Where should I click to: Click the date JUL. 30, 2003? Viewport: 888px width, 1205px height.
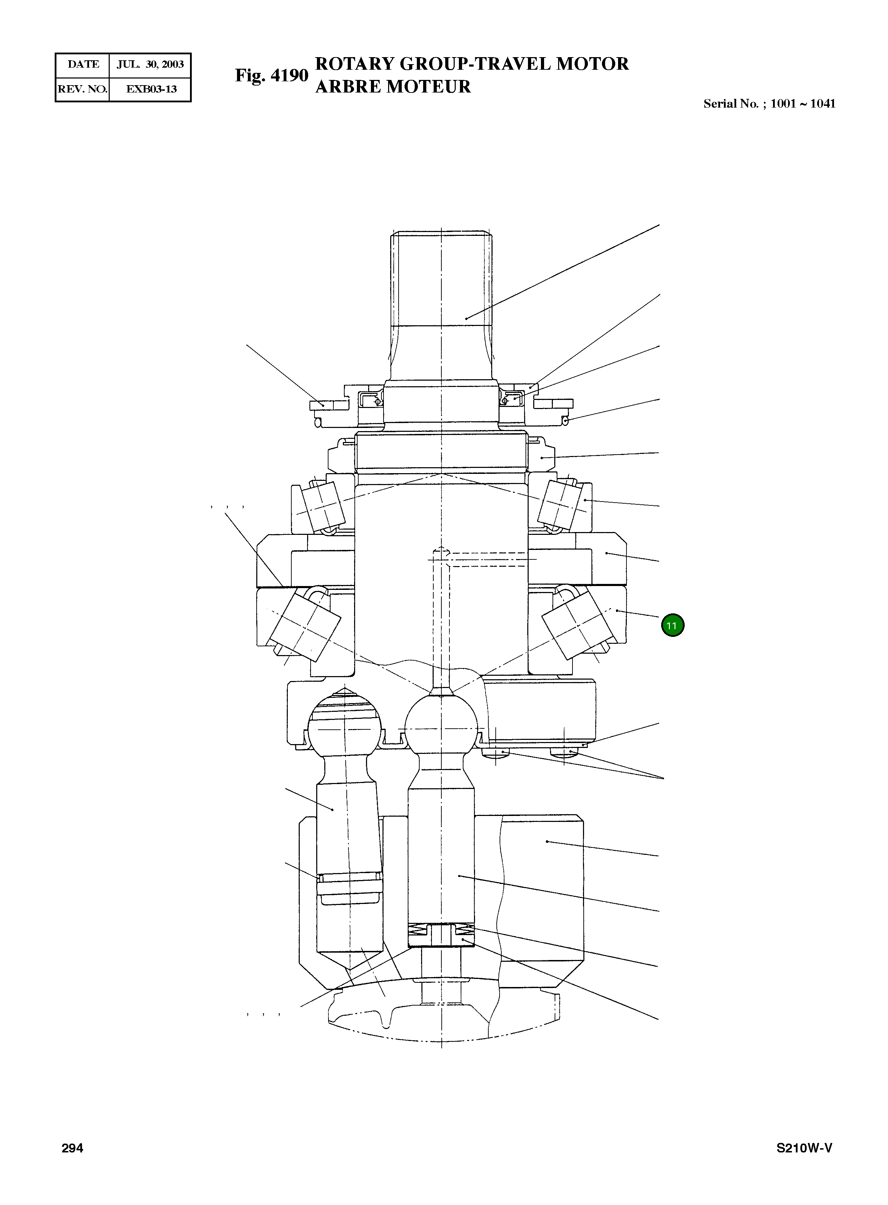pos(150,64)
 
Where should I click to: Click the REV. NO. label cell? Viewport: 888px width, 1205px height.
pos(82,89)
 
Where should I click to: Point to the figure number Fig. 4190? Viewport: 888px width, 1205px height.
pos(271,75)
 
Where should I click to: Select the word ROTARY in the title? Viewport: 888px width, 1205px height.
pos(352,64)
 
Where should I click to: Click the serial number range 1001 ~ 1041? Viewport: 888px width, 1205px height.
pos(802,104)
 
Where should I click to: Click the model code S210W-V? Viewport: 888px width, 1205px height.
pos(804,1149)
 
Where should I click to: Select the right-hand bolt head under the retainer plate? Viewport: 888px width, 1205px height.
pos(564,755)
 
